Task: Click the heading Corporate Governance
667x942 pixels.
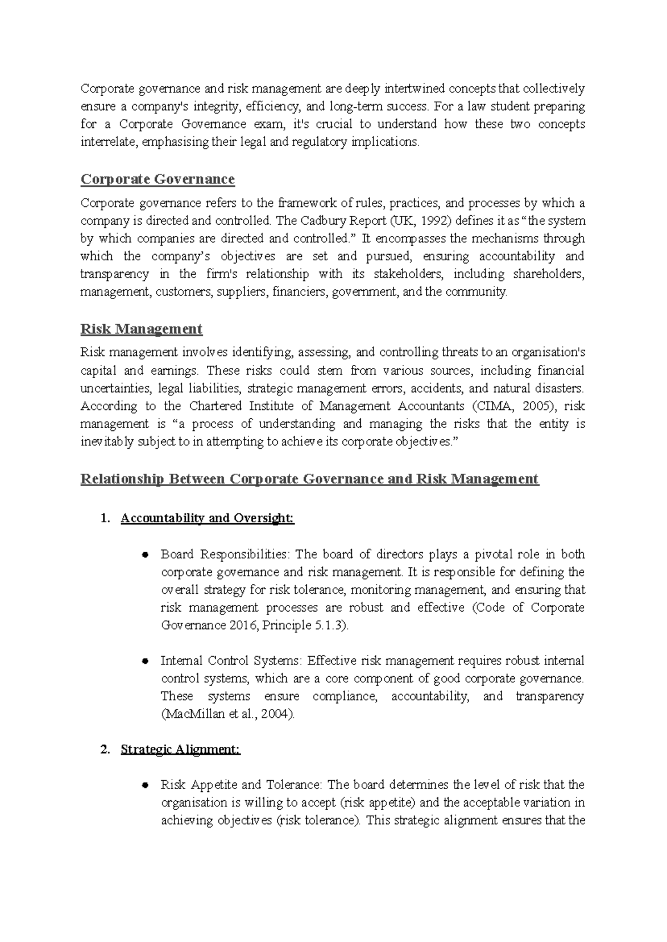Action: (x=157, y=180)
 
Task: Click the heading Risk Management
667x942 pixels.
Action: (x=141, y=329)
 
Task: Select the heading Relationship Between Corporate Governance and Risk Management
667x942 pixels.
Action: (x=310, y=479)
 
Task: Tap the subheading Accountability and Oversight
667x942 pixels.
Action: (x=207, y=518)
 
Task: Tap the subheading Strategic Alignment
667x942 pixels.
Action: (x=180, y=750)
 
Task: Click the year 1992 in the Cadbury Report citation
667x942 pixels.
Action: (x=435, y=221)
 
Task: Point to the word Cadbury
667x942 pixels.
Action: (x=323, y=221)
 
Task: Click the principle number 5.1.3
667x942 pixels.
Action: (x=330, y=625)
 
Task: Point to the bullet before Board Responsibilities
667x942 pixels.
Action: (x=145, y=555)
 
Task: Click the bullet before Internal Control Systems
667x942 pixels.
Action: (x=145, y=662)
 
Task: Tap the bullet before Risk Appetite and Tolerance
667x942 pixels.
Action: (x=145, y=786)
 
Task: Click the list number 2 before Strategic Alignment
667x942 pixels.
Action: (x=104, y=750)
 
